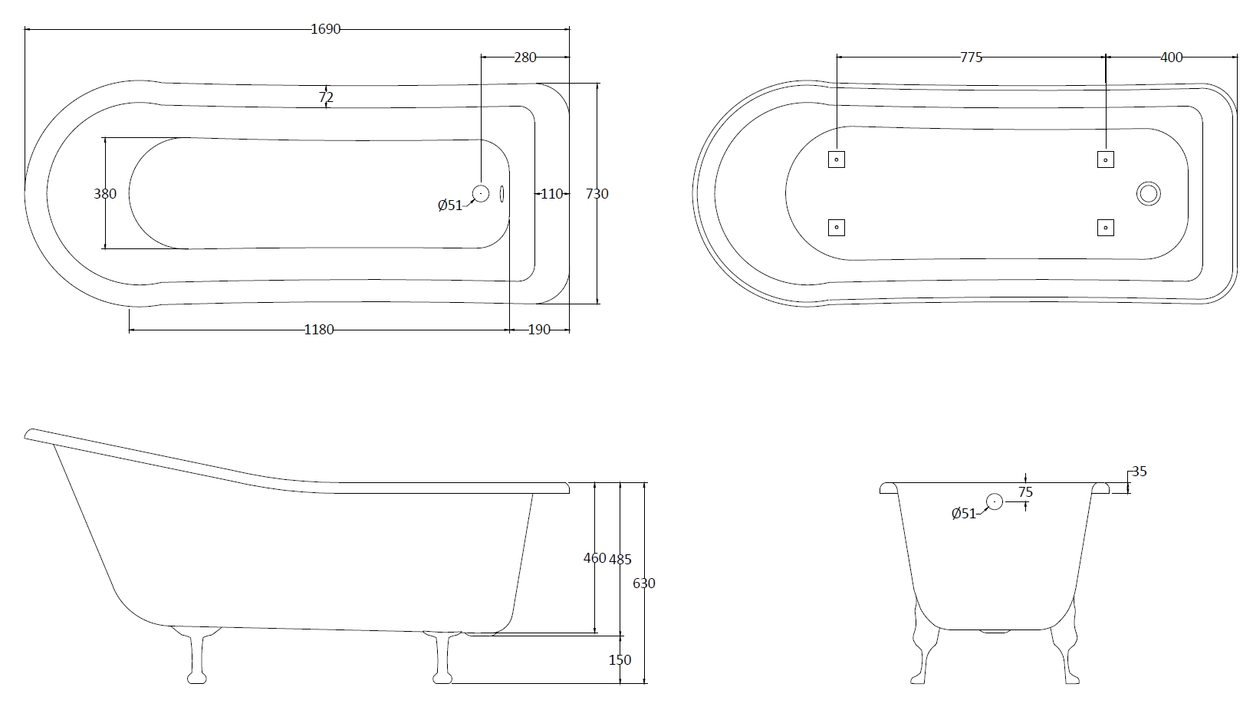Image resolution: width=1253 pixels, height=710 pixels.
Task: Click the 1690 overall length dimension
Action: click(x=326, y=29)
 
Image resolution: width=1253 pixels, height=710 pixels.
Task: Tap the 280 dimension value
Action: click(x=525, y=57)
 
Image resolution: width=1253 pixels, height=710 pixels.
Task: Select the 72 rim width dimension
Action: click(x=326, y=97)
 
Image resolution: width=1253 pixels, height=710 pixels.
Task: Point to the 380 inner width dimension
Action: click(x=105, y=193)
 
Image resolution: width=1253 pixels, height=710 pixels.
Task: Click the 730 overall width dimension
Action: click(x=597, y=193)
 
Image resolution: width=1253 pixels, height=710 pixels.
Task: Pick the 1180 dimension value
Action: click(x=319, y=330)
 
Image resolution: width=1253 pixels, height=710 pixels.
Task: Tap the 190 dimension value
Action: click(x=539, y=330)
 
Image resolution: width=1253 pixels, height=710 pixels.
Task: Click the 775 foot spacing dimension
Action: click(x=971, y=57)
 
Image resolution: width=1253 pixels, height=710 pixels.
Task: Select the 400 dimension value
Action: click(x=1171, y=57)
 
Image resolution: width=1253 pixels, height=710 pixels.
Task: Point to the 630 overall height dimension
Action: click(x=644, y=583)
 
